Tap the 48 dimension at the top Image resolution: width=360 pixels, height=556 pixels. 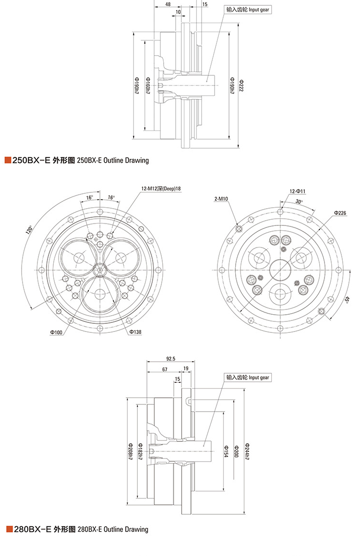coord(168,4)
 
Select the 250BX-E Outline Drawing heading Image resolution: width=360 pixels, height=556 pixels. coord(80,160)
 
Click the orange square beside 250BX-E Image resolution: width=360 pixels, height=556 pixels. coord(7,160)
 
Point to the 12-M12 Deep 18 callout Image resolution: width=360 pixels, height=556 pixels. coord(161,189)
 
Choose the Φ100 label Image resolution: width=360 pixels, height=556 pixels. coord(56,331)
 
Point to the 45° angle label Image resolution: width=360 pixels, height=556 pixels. coord(347,300)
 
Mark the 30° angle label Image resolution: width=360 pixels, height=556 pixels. coord(300,201)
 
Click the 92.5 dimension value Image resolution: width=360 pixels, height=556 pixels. coord(170,358)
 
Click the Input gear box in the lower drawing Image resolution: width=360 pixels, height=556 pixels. coord(248,378)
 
